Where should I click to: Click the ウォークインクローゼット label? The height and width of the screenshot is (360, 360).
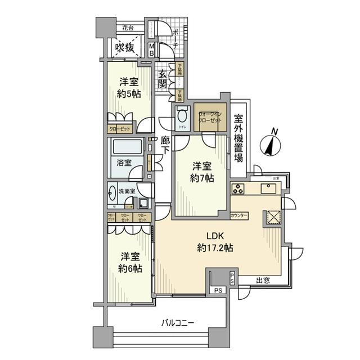click(x=210, y=117)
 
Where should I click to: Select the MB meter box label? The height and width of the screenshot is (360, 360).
click(x=151, y=49)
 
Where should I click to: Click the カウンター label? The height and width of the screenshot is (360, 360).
click(x=240, y=215)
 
